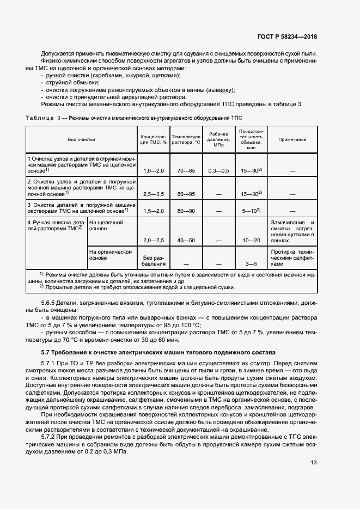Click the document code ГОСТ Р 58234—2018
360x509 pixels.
(287, 36)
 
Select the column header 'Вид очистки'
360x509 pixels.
(82, 139)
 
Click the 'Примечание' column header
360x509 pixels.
(292, 139)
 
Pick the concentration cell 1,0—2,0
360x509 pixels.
(154, 170)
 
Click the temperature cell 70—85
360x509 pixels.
(186, 170)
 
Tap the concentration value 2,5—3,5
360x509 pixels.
(154, 194)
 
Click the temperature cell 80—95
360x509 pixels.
(186, 194)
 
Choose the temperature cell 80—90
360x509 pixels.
(186, 211)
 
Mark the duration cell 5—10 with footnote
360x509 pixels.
(251, 211)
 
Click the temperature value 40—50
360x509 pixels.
(186, 240)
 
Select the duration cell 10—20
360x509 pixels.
(251, 240)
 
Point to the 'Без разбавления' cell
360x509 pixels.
(154, 261)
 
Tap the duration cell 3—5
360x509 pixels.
(251, 264)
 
